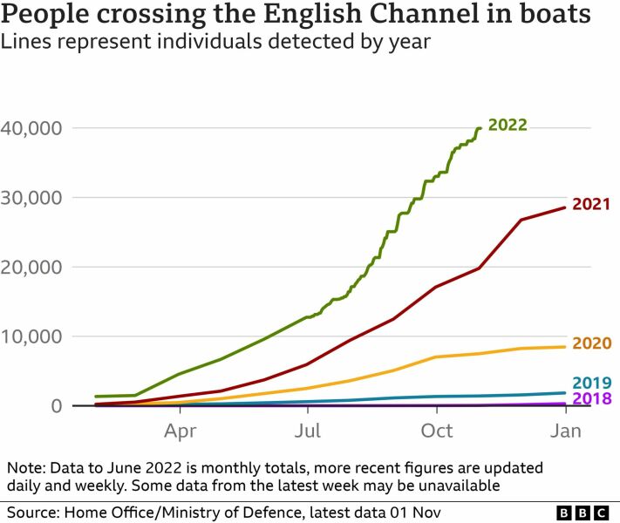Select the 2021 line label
590,205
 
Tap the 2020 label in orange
590,343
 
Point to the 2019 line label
590,383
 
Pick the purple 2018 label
590,399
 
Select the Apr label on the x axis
180,430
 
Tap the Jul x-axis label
308,430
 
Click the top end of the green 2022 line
480,128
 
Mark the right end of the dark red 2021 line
566,207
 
